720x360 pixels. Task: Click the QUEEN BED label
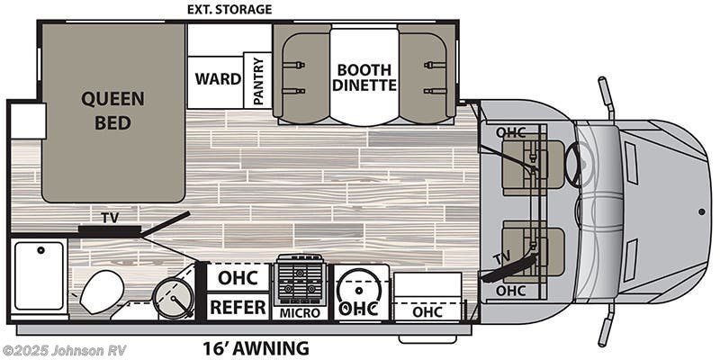(x=112, y=110)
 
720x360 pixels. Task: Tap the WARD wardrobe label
(x=219, y=78)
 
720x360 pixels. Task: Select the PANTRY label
(x=258, y=81)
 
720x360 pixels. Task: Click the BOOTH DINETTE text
(x=364, y=76)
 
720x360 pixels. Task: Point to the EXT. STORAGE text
(x=229, y=10)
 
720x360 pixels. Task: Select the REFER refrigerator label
(x=238, y=307)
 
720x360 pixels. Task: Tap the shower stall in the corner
(x=40, y=274)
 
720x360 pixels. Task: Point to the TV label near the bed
(x=109, y=217)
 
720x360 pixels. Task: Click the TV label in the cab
(x=500, y=260)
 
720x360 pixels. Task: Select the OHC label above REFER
(x=238, y=276)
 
